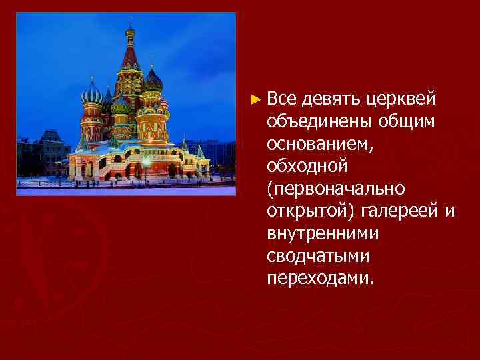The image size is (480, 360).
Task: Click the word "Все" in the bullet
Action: click(x=281, y=100)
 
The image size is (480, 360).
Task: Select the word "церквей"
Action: click(x=401, y=100)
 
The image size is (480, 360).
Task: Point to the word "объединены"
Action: click(x=318, y=122)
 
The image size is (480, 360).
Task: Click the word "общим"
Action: click(x=407, y=122)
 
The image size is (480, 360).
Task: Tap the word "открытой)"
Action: click(x=309, y=211)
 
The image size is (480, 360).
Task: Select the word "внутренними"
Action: click(x=323, y=233)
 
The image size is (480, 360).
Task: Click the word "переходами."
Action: click(x=321, y=277)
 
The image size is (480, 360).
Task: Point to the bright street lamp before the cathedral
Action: click(x=145, y=162)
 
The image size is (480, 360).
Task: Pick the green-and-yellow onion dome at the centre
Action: click(x=121, y=105)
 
